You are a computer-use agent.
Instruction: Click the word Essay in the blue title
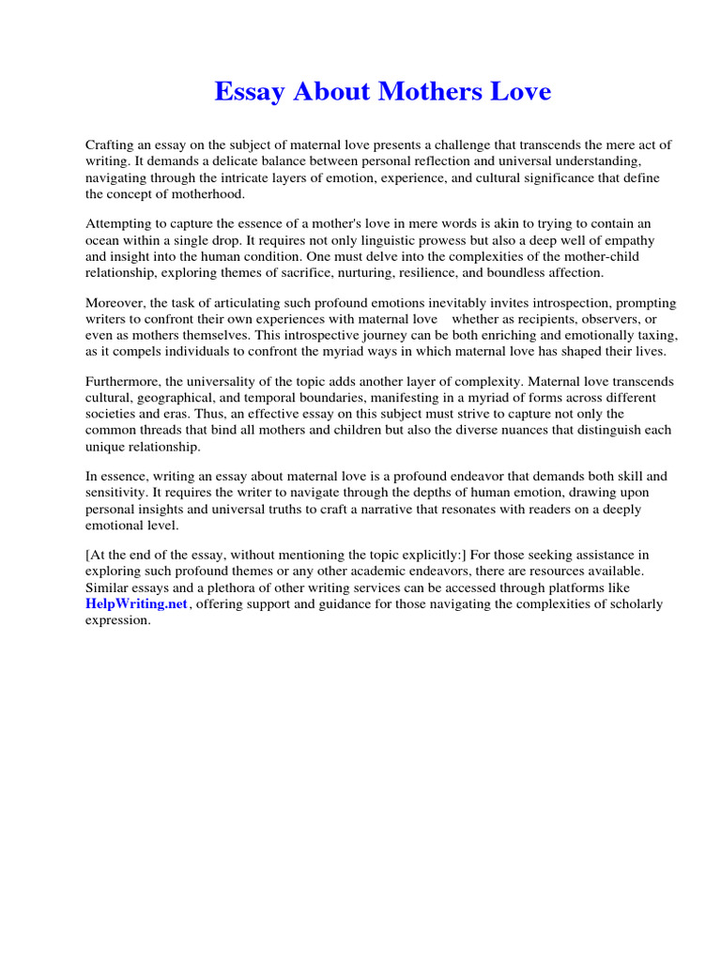[x=252, y=92]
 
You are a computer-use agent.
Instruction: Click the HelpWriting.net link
[x=137, y=604]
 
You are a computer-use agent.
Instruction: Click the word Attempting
[x=121, y=224]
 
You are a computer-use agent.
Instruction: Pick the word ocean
[x=105, y=240]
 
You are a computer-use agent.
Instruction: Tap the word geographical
[x=184, y=399]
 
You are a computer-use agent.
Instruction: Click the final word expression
[x=117, y=620]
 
